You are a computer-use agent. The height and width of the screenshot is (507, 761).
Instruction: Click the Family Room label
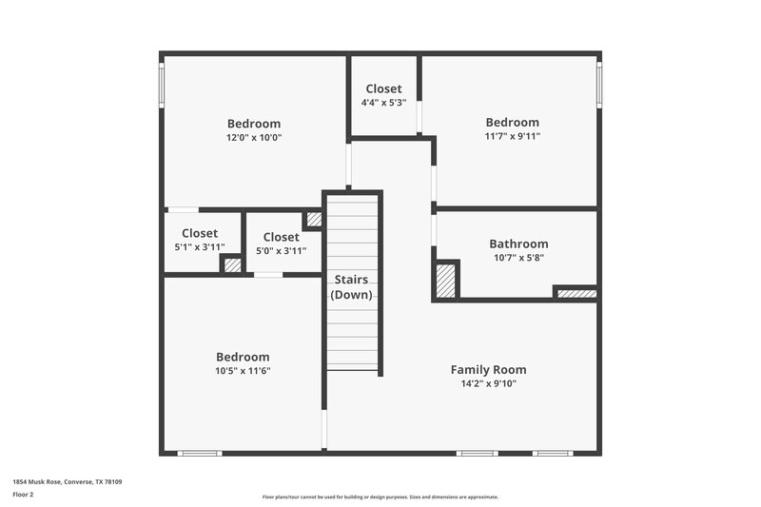click(x=488, y=370)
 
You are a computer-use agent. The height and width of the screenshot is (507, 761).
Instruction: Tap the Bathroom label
click(x=518, y=244)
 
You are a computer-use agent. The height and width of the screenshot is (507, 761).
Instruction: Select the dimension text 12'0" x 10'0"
click(x=254, y=137)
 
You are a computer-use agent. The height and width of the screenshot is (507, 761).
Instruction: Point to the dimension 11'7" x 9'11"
click(x=512, y=136)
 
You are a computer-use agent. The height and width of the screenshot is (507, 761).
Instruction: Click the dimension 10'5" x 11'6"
click(x=242, y=371)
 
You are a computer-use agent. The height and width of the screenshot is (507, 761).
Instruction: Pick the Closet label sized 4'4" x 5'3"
click(x=383, y=88)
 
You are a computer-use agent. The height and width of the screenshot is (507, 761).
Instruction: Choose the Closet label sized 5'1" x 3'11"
click(x=200, y=233)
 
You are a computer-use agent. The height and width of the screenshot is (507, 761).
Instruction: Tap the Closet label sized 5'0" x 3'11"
click(x=281, y=237)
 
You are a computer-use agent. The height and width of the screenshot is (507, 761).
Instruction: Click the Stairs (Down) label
click(x=352, y=287)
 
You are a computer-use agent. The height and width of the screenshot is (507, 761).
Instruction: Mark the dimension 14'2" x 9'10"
click(x=488, y=384)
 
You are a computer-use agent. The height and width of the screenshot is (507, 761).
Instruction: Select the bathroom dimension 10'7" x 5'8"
click(x=518, y=257)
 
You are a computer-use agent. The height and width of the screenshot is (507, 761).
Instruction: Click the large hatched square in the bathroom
click(x=445, y=282)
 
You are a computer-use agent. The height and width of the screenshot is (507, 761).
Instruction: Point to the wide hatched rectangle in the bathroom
click(x=576, y=294)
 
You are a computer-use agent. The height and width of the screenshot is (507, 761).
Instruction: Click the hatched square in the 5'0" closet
click(x=313, y=220)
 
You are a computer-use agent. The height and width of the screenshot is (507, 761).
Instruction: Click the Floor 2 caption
click(x=24, y=495)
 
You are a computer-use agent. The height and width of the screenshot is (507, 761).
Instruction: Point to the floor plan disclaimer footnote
click(x=380, y=497)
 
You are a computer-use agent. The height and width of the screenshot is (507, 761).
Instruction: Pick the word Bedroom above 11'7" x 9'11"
click(x=512, y=122)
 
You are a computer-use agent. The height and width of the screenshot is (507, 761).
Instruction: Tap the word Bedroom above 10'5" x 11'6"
click(x=242, y=357)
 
